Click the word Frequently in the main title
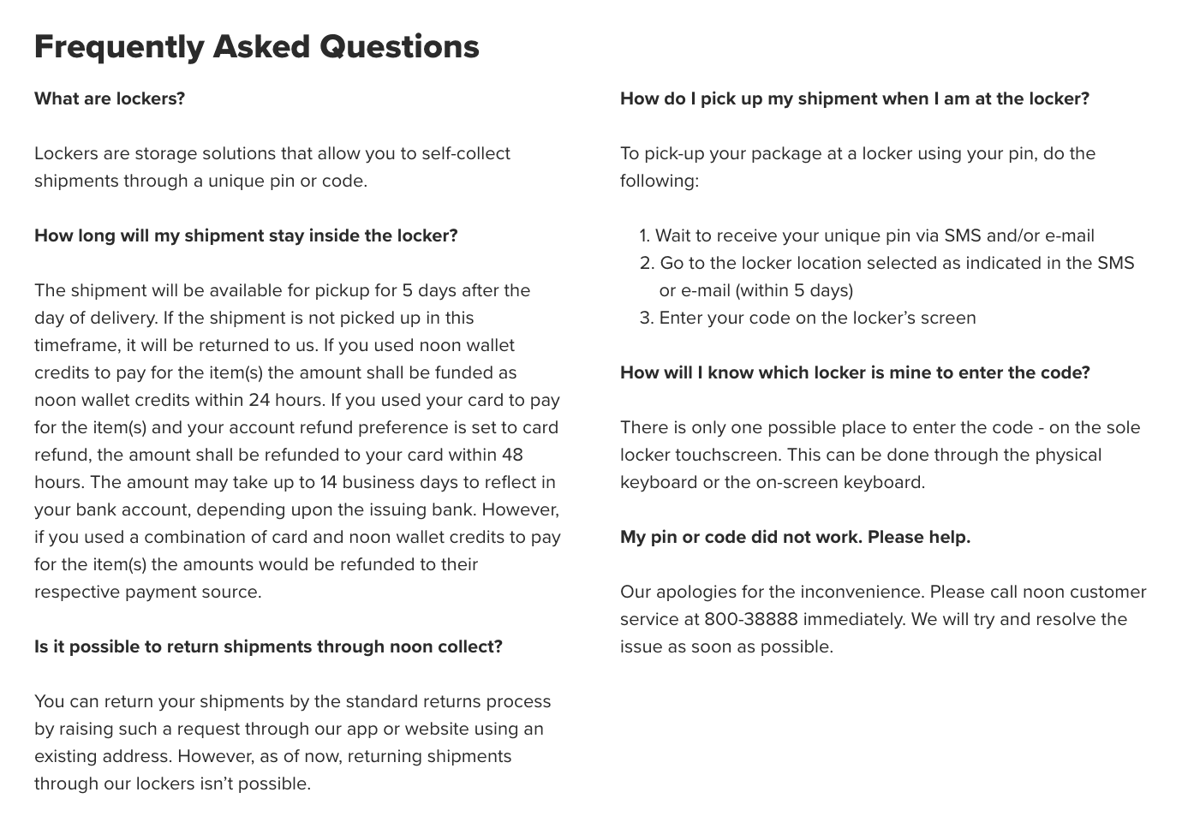coord(118,47)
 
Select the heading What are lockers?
coord(110,98)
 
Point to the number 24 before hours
coord(260,400)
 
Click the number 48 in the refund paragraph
coord(512,455)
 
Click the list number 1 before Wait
coord(644,235)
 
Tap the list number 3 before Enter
coord(646,318)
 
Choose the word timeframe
coord(75,345)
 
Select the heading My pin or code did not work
coord(795,537)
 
